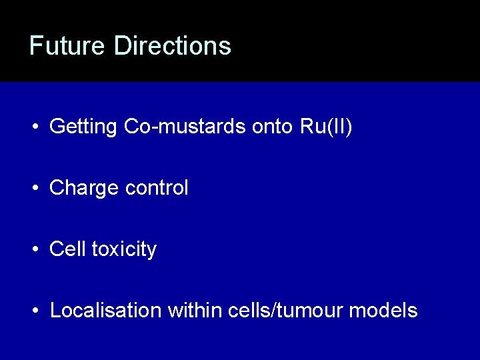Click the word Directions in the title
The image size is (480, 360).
pyautogui.click(x=173, y=45)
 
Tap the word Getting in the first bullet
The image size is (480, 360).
pyautogui.click(x=84, y=127)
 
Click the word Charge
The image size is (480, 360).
pyautogui.click(x=84, y=189)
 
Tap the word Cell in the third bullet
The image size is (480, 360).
pyautogui.click(x=67, y=249)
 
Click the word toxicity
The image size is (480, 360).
pyautogui.click(x=124, y=250)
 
